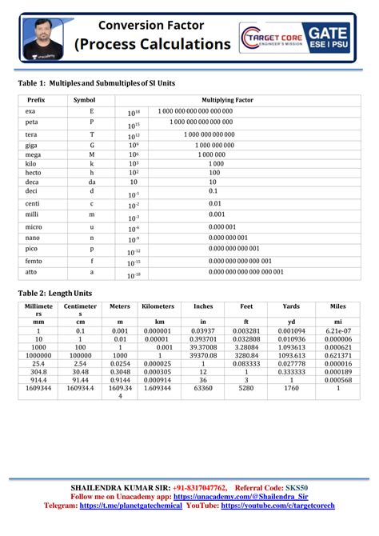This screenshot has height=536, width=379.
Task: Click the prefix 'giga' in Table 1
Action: coord(32,146)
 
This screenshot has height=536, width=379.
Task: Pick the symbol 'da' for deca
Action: coord(92,182)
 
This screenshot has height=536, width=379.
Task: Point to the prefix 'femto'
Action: coord(34,261)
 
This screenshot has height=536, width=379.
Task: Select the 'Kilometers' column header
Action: coord(158,306)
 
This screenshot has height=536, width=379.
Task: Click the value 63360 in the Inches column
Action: coord(204,388)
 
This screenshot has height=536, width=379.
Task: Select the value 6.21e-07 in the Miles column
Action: coord(338,330)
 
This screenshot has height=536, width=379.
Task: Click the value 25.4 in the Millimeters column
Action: coord(38,363)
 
